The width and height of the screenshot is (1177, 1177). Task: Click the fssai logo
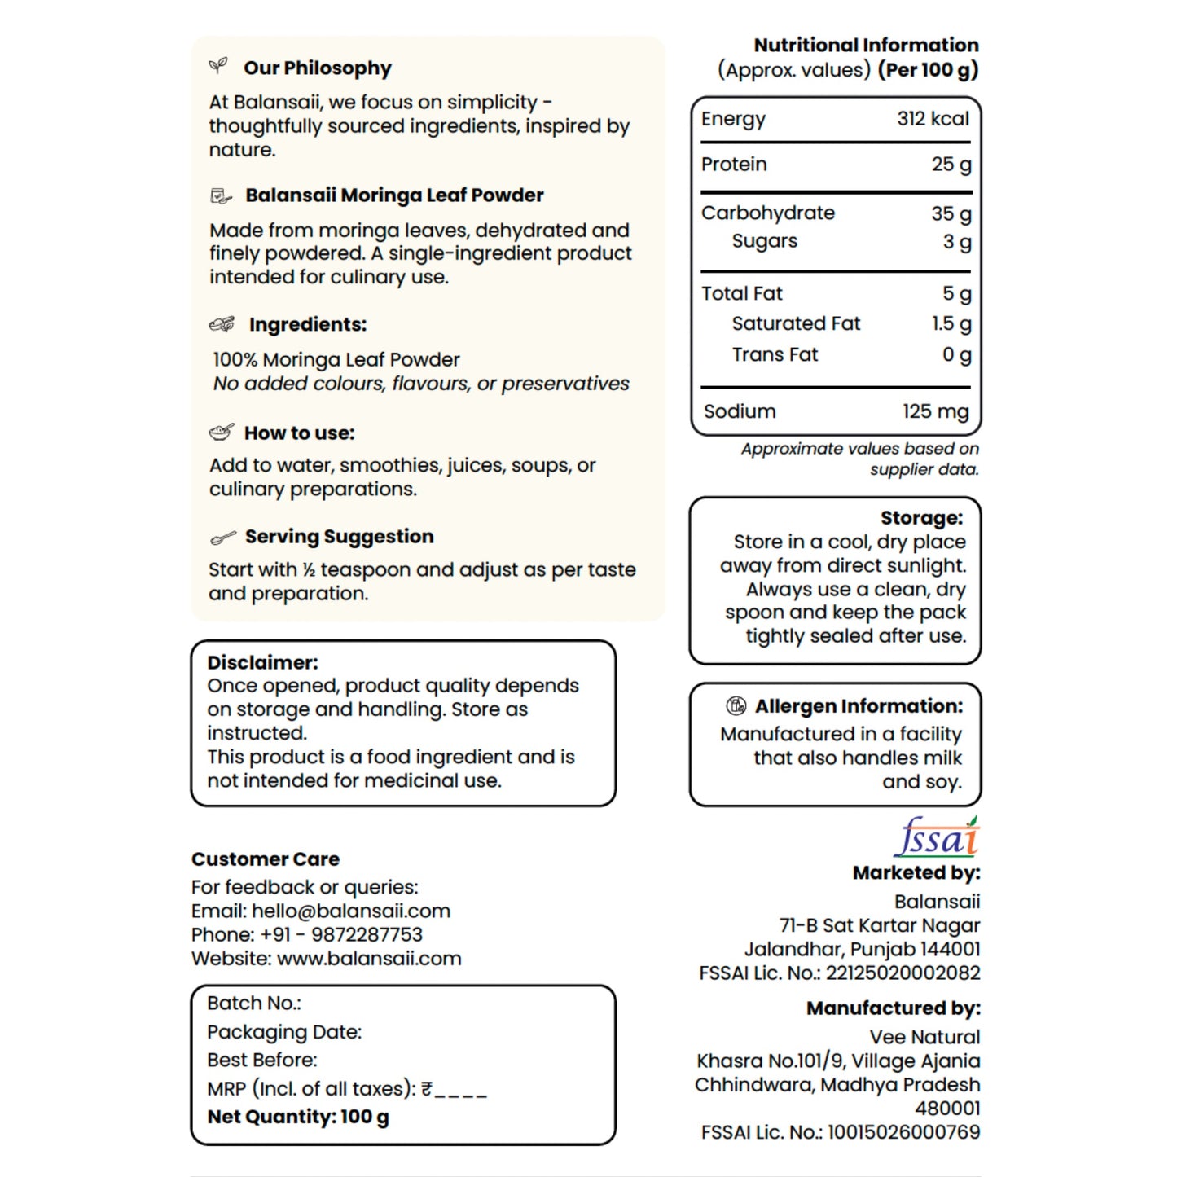(x=937, y=837)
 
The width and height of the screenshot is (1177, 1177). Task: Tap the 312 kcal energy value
(x=933, y=119)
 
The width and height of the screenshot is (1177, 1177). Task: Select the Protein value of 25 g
(x=951, y=165)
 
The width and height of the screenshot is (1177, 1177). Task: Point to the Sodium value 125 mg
(x=935, y=411)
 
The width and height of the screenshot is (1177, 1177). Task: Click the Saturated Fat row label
(x=796, y=324)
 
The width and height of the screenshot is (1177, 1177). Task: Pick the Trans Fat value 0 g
(x=956, y=355)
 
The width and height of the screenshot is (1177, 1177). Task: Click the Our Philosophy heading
(x=318, y=68)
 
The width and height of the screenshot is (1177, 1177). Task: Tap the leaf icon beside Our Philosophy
(x=218, y=66)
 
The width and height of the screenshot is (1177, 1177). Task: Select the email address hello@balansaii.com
(x=351, y=911)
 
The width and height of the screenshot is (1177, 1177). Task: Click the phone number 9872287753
(x=367, y=934)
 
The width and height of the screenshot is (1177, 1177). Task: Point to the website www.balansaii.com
(x=369, y=959)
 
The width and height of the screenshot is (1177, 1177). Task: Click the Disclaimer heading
(x=262, y=662)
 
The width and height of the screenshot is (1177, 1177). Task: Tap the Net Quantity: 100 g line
(x=298, y=1117)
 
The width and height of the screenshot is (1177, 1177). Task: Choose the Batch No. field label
(x=254, y=1004)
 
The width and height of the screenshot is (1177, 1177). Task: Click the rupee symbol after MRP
(x=427, y=1089)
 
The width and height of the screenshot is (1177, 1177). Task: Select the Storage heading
(x=921, y=518)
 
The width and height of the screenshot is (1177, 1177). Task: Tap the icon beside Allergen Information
(x=736, y=705)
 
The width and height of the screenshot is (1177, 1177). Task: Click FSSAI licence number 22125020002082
(x=903, y=973)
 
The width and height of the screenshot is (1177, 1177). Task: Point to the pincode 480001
(x=947, y=1109)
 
